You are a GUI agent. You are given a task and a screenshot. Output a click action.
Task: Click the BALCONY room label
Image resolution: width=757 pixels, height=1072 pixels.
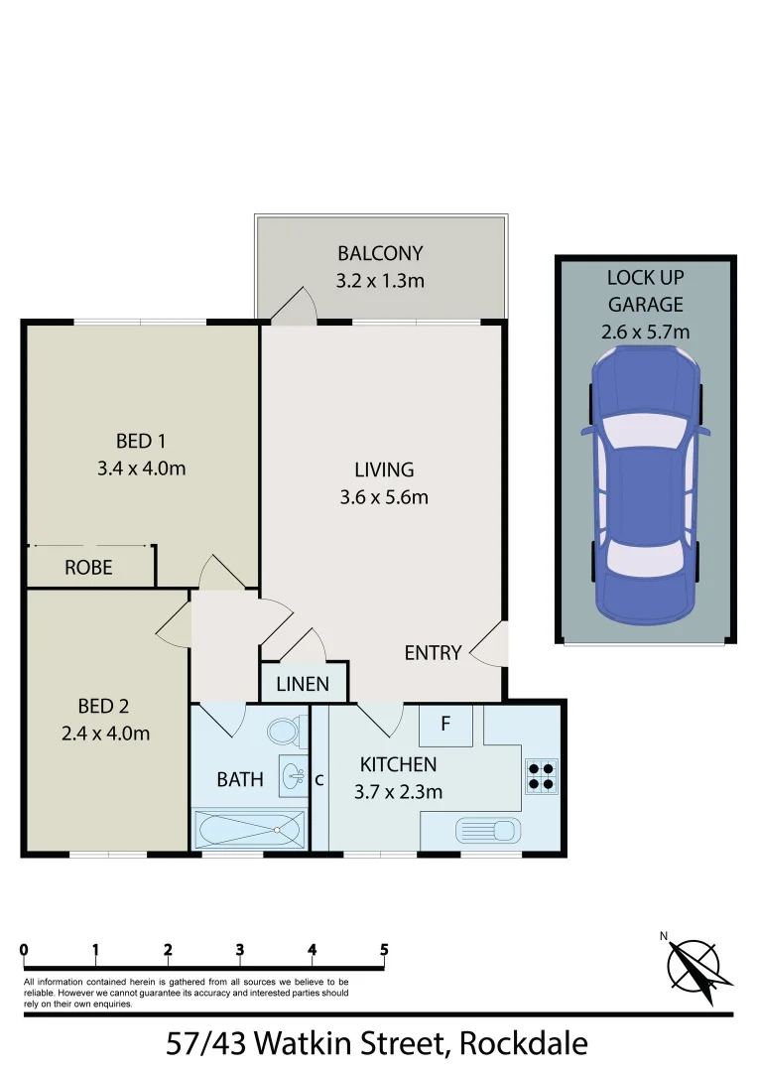coord(380,253)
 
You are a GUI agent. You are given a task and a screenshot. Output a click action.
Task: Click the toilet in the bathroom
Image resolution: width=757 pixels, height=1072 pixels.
coord(283,733)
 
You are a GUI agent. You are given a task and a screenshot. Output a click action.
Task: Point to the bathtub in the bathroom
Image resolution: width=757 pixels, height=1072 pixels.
coord(248,828)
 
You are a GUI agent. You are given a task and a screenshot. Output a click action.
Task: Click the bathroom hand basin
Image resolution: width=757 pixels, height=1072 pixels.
coord(292,775)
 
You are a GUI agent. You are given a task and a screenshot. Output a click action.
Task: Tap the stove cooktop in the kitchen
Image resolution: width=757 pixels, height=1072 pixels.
coord(542,775)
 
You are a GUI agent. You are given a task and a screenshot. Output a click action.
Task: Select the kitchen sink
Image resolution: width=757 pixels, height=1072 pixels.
coord(487,829)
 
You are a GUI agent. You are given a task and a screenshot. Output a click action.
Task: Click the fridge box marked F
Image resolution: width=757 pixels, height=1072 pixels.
coord(445,725)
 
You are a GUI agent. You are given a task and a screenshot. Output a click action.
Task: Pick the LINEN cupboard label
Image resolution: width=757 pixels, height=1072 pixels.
coord(303,685)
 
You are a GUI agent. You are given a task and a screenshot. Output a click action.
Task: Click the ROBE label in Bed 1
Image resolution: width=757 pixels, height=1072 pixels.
coord(88,569)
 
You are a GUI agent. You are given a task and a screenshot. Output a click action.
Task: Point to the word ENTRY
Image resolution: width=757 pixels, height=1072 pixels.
coord(433,653)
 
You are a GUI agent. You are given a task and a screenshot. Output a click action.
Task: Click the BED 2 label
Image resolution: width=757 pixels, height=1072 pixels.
coord(103,707)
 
